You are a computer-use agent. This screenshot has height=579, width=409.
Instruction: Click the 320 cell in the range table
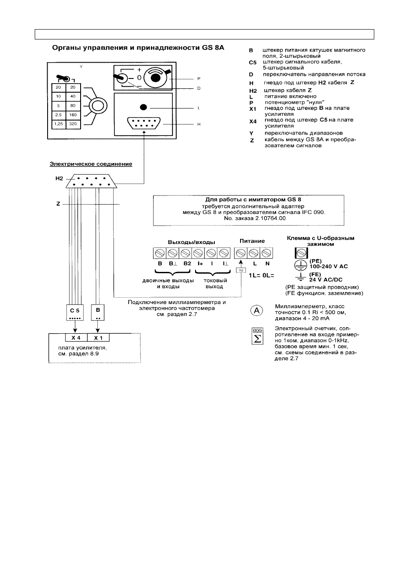[x=73, y=124]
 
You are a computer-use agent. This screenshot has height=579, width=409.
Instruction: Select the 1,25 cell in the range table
[x=59, y=124]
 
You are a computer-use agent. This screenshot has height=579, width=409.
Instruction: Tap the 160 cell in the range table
[x=73, y=115]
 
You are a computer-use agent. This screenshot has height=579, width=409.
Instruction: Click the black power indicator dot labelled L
[x=143, y=107]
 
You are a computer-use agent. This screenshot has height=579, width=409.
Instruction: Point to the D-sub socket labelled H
[x=144, y=123]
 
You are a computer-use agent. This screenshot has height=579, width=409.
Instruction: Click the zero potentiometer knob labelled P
[x=155, y=77]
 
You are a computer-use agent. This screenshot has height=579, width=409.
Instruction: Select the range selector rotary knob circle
[x=98, y=106]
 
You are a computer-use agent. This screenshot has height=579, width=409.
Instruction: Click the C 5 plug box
[x=75, y=312]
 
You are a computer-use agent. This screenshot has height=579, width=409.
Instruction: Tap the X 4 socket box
[x=76, y=338]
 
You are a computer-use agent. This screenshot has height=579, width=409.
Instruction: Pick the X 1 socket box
[x=98, y=338]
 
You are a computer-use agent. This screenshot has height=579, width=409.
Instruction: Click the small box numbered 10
[x=241, y=270]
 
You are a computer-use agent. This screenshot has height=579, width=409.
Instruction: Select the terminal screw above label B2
[x=185, y=253]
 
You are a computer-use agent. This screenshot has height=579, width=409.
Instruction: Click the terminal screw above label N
[x=266, y=253]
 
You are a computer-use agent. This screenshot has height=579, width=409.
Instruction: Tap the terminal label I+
[x=200, y=264]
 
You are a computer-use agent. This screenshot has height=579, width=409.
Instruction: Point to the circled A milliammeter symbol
[x=257, y=311]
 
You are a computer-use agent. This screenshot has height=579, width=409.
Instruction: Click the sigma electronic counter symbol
[x=257, y=336]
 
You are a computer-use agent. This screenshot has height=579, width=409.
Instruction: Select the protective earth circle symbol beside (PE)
[x=301, y=265]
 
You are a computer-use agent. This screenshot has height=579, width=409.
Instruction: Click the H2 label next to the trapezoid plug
[x=59, y=178]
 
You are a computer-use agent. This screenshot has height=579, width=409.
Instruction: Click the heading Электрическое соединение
[x=91, y=164]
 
